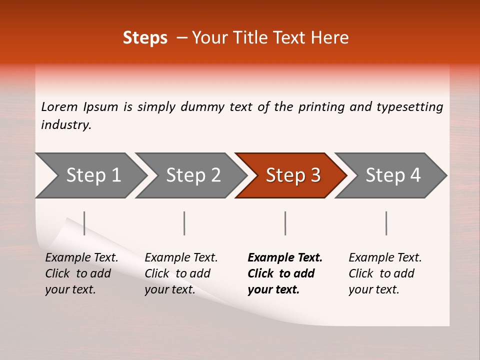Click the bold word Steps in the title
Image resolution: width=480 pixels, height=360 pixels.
[x=145, y=38]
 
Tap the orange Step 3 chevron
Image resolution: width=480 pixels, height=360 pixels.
[x=293, y=175]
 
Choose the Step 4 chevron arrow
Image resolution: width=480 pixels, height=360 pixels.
[x=393, y=175]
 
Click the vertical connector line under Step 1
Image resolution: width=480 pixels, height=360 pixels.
[x=84, y=223]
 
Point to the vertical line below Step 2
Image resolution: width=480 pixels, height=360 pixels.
[x=184, y=223]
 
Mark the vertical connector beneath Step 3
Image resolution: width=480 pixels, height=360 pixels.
[x=285, y=223]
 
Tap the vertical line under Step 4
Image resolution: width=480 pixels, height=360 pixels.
[x=386, y=223]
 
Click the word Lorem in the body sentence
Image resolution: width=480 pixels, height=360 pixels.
[x=59, y=107]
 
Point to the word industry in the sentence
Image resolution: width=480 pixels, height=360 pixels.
[x=66, y=125]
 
